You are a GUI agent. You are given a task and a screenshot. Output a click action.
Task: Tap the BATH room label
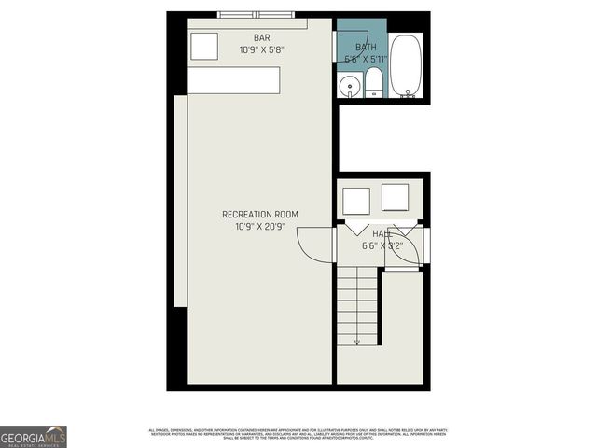(366, 47)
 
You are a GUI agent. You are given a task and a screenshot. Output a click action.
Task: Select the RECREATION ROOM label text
(260, 215)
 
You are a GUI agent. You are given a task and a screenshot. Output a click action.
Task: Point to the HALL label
(382, 234)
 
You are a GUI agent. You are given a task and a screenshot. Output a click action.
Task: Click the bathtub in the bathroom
(407, 65)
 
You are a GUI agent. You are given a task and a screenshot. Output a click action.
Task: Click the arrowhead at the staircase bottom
(357, 342)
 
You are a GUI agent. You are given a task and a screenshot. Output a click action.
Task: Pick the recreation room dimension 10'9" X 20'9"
(260, 226)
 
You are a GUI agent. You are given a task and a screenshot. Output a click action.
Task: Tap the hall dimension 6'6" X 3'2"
(382, 246)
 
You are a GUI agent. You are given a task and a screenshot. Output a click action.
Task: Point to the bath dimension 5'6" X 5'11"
(366, 58)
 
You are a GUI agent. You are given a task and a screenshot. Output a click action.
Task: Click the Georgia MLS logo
(34, 436)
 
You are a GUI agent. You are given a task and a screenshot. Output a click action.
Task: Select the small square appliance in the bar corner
(204, 47)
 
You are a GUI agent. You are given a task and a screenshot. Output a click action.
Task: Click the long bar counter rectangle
(234, 80)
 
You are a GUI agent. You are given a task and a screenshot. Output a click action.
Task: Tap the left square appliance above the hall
(356, 200)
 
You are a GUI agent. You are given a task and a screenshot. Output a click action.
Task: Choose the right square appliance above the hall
(396, 198)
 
